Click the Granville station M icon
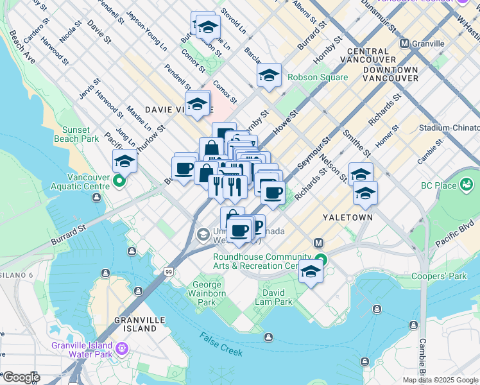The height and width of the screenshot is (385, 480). pyautogui.click(x=404, y=44)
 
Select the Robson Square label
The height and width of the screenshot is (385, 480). pyautogui.click(x=317, y=78)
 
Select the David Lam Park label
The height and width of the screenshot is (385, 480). pyautogui.click(x=273, y=297)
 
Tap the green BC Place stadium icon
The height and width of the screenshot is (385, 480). pyautogui.click(x=467, y=187)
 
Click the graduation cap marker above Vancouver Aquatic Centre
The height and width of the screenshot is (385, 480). pyautogui.click(x=124, y=162)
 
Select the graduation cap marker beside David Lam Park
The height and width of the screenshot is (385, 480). pyautogui.click(x=311, y=271)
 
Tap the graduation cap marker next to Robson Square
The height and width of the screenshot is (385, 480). pyautogui.click(x=270, y=76)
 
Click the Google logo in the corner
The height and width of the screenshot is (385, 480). pyautogui.click(x=21, y=377)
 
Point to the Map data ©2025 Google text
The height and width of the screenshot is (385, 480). pyautogui.click(x=440, y=380)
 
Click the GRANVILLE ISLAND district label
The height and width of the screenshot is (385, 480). pyautogui.click(x=135, y=324)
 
